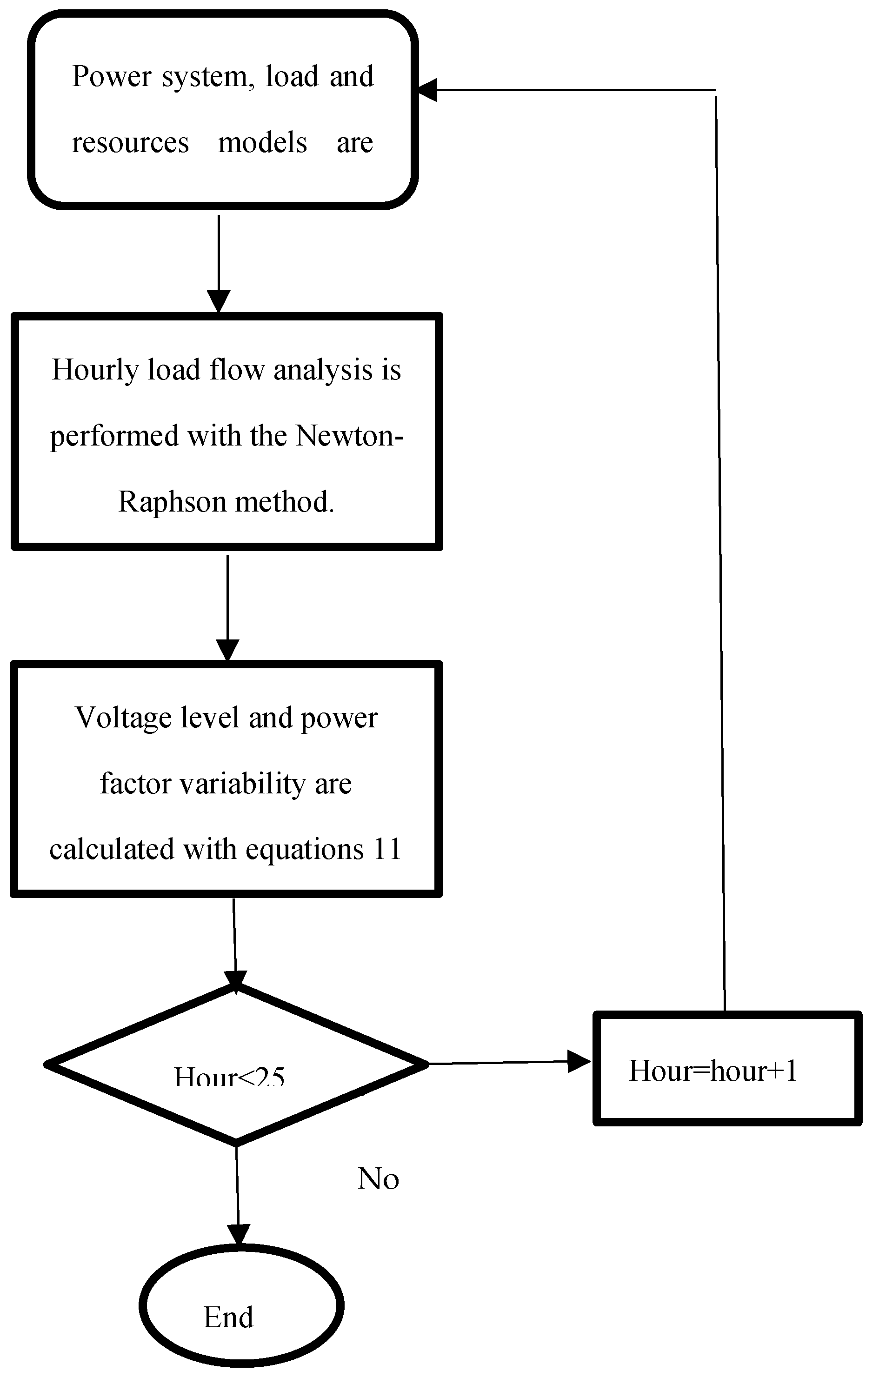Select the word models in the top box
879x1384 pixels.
click(263, 142)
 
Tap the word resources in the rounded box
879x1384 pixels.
click(131, 142)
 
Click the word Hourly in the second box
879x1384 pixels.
click(95, 371)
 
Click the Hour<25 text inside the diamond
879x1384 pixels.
click(229, 1077)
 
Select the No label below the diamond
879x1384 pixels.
click(378, 1179)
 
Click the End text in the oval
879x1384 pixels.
click(228, 1317)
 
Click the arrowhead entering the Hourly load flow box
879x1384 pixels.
click(219, 301)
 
